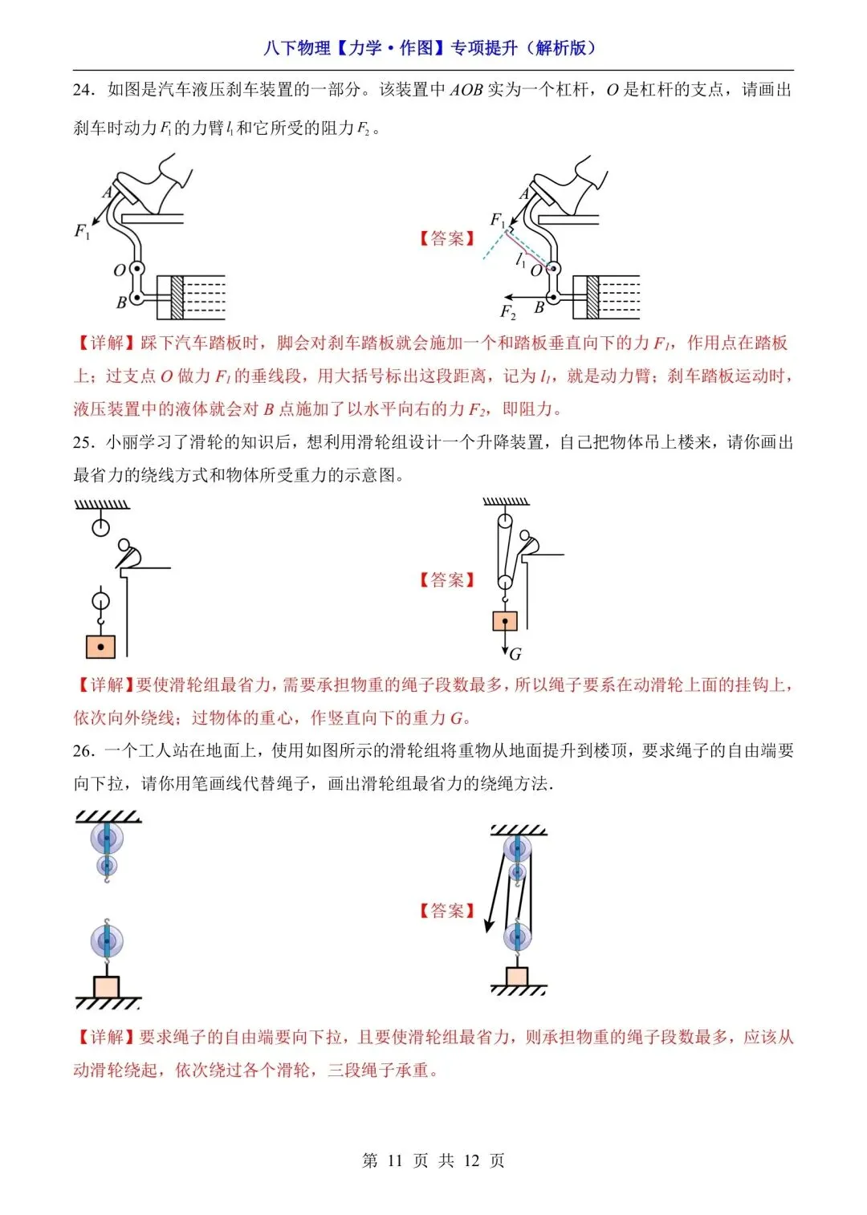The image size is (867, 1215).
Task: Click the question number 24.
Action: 83,90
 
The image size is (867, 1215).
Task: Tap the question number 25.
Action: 83,442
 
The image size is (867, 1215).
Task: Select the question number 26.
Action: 83,751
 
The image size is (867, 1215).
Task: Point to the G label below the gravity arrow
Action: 515,654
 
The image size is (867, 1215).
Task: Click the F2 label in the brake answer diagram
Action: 508,311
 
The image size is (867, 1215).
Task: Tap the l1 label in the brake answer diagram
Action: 519,260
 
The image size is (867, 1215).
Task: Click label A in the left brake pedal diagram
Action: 108,192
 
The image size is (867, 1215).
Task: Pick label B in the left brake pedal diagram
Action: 121,303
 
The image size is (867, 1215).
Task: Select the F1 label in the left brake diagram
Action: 82,231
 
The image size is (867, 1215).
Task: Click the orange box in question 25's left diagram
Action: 100,647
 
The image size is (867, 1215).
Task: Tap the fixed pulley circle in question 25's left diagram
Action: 100,527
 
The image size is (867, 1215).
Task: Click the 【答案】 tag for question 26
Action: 447,911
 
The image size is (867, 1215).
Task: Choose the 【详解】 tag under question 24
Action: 105,343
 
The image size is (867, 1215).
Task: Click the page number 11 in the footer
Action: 394,1160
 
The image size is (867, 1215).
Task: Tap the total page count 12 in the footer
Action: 471,1160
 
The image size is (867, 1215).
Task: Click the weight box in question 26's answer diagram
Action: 517,976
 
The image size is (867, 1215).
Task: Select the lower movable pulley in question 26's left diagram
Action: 107,942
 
